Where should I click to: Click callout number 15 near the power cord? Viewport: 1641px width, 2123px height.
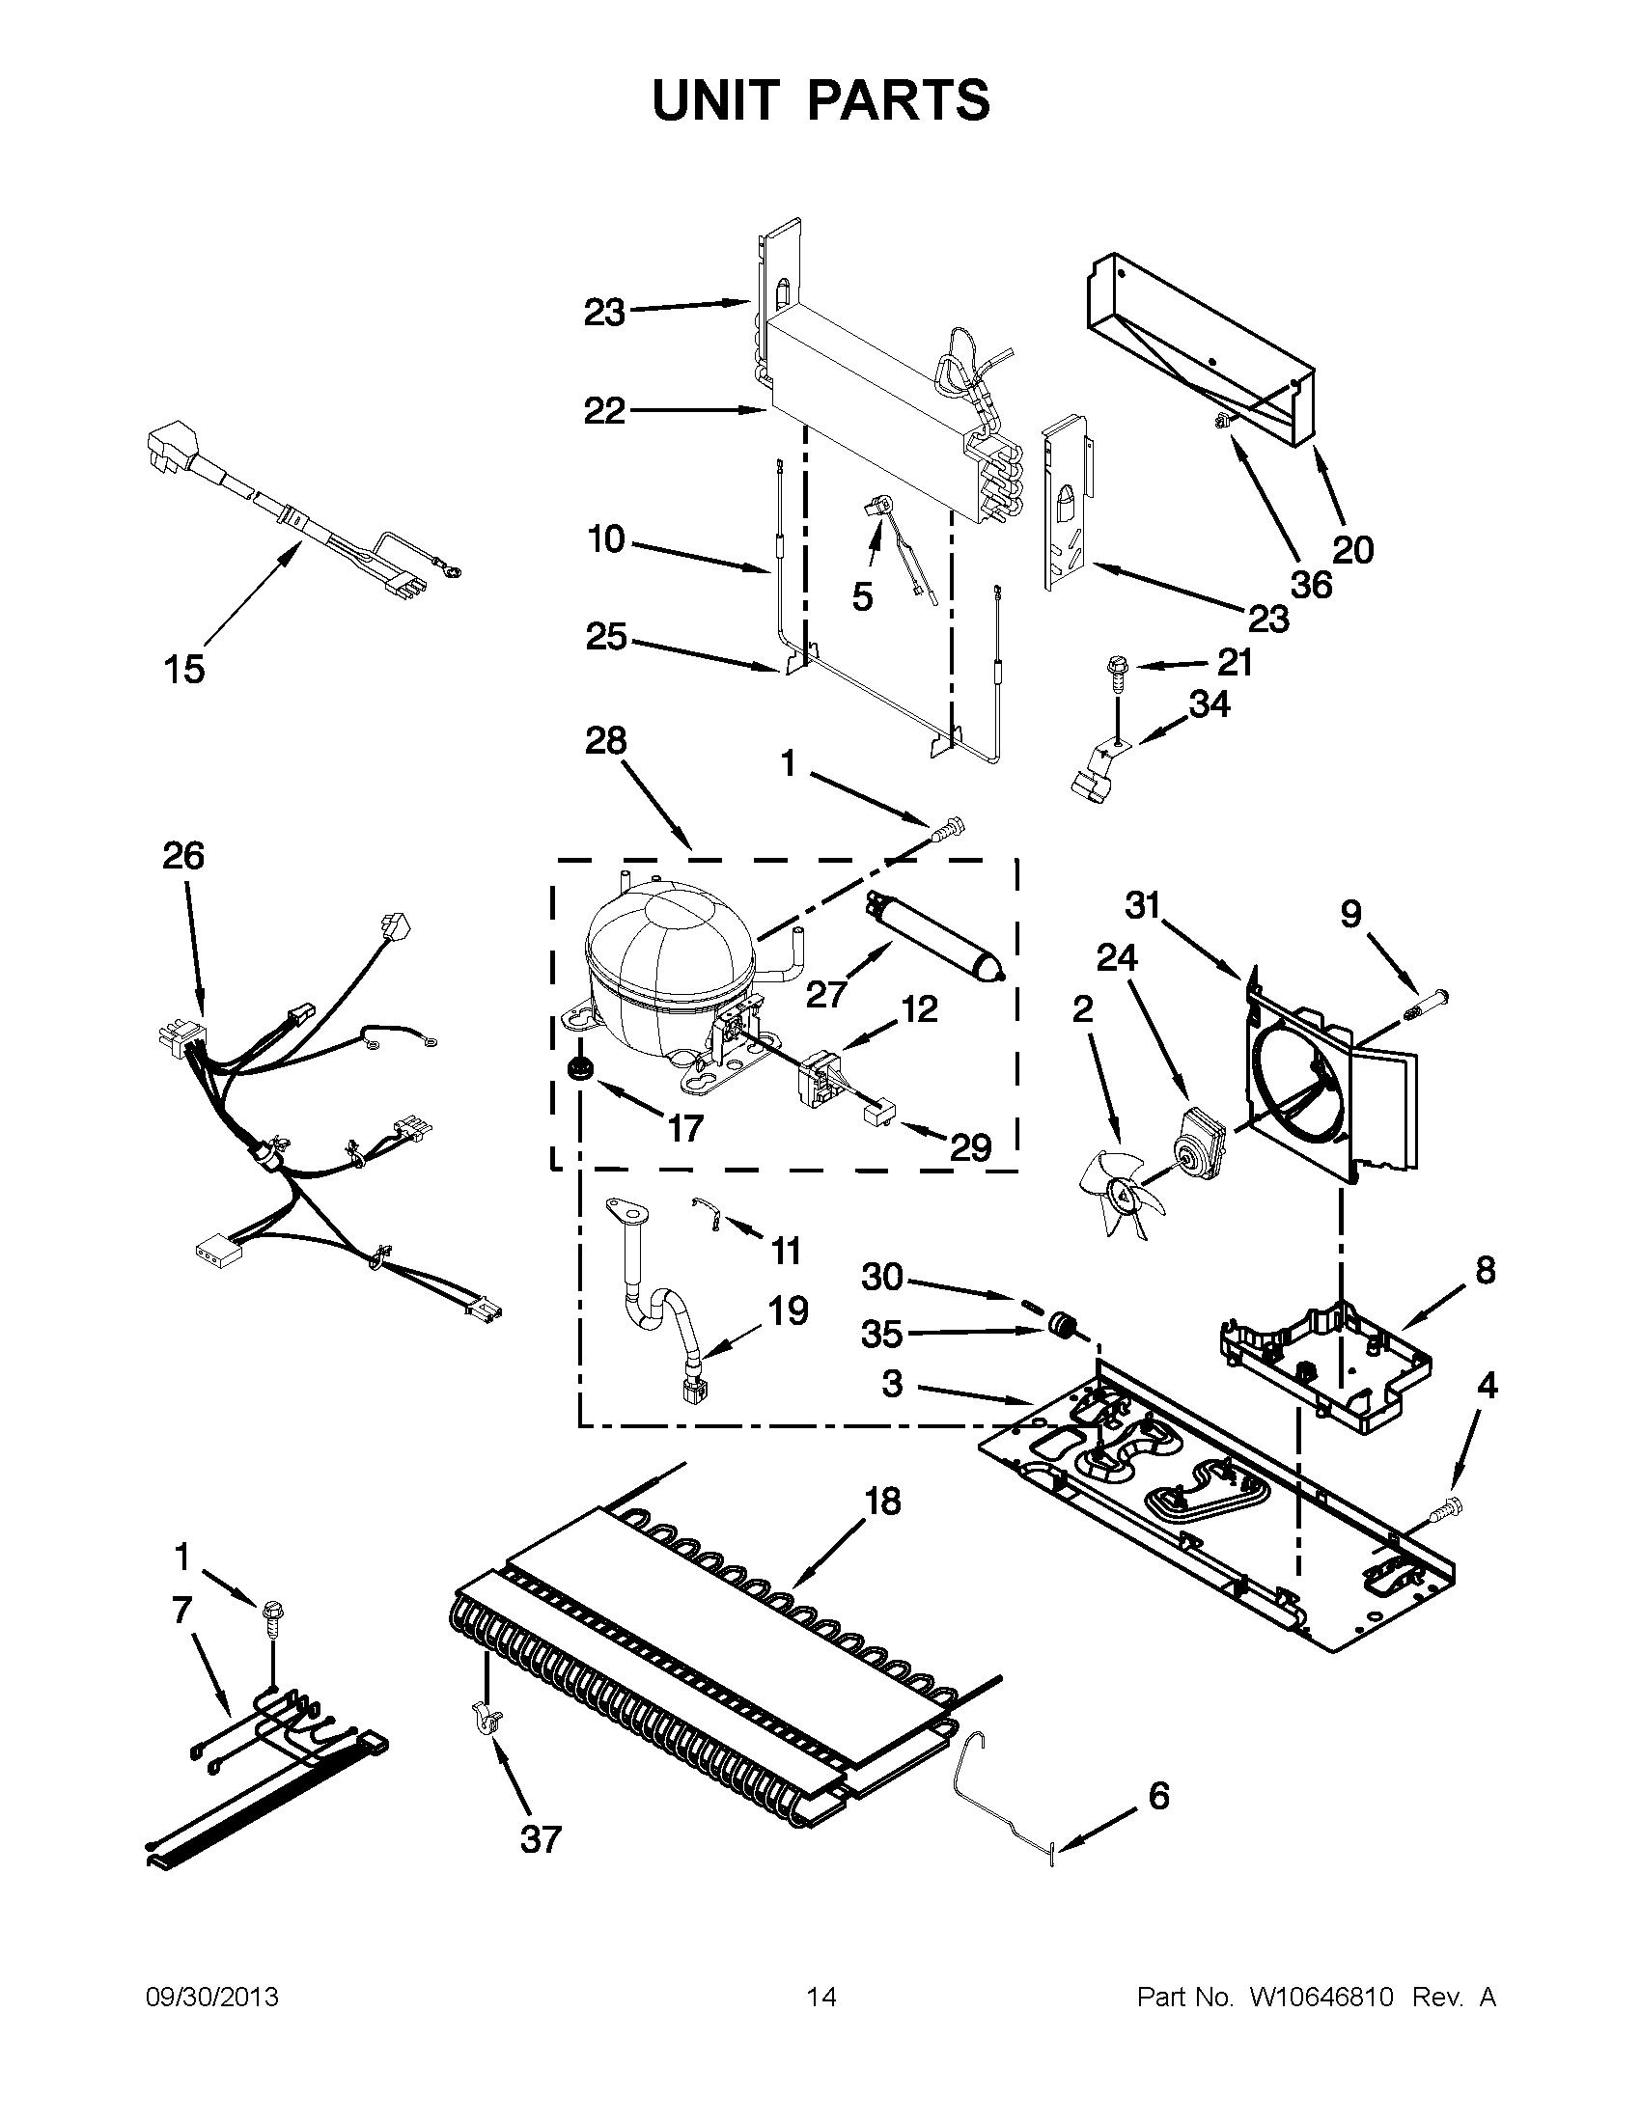[183, 669]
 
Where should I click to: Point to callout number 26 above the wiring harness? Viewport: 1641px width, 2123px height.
[183, 855]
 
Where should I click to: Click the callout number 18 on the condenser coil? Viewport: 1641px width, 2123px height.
[882, 1501]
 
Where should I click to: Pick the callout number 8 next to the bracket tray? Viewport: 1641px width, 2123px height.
[1485, 1270]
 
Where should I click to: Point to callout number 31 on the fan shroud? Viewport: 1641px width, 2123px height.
[1143, 905]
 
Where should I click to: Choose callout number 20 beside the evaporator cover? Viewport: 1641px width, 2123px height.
[1352, 550]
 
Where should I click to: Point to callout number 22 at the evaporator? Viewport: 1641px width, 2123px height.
[603, 411]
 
